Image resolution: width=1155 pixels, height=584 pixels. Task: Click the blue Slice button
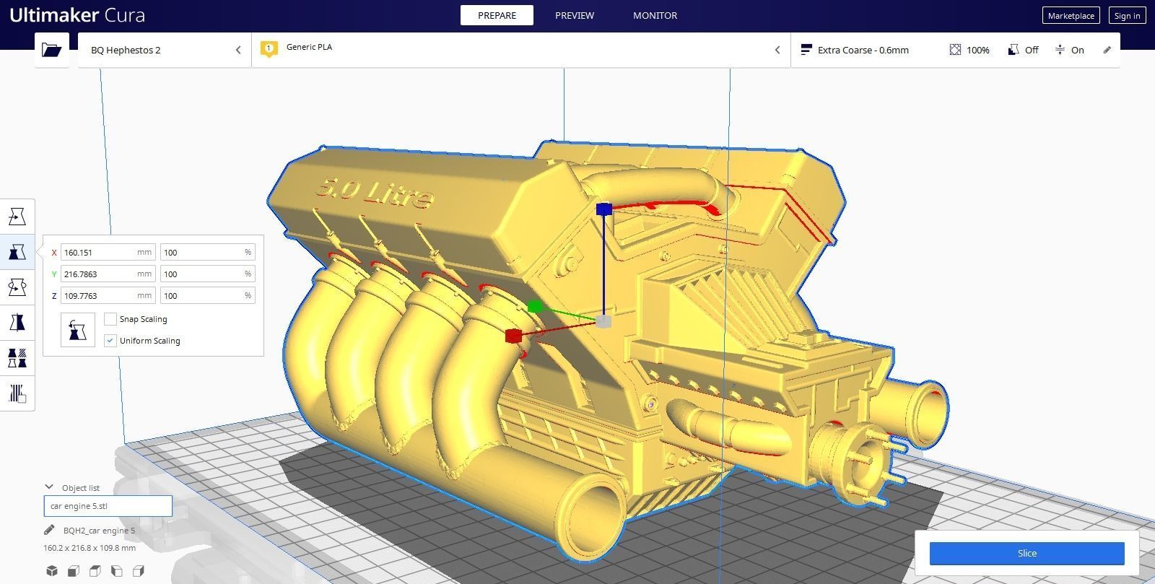[x=1027, y=554]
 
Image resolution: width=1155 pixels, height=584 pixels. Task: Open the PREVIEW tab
[x=575, y=15]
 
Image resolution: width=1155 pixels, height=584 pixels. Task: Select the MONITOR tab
[x=655, y=15]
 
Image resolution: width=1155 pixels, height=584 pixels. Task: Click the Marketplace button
[x=1071, y=16]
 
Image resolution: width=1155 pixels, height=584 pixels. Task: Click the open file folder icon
[x=51, y=50]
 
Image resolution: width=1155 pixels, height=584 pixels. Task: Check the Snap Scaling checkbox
[x=110, y=319]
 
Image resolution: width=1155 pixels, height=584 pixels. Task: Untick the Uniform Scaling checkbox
[x=110, y=341]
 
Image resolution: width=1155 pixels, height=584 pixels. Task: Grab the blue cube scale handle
[x=604, y=209]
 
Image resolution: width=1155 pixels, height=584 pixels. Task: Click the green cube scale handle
[x=535, y=307]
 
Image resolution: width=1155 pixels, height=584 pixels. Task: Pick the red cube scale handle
[x=513, y=336]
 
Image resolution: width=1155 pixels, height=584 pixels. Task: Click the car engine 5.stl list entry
[x=108, y=506]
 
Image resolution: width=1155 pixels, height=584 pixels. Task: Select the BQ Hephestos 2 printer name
[x=126, y=50]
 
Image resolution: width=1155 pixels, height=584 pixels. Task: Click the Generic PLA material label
[x=309, y=47]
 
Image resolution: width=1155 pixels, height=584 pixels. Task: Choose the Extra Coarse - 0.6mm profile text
[x=863, y=50]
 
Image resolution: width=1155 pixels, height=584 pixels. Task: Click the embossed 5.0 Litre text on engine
[x=375, y=193]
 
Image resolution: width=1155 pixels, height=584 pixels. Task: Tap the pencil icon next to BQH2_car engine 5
[x=49, y=531]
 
